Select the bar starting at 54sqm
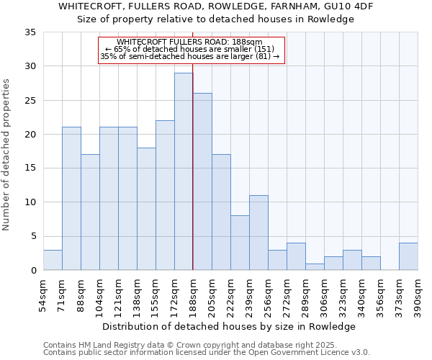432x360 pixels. tap(53, 260)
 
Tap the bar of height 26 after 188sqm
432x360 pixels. tap(202, 181)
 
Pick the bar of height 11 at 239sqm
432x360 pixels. tap(258, 233)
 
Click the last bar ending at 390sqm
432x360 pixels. tap(408, 256)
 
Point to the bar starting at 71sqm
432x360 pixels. tap(71, 199)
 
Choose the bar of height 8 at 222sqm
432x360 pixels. tap(240, 243)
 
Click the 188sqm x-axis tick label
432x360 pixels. tap(193, 295)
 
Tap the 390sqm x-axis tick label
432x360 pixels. tap(418, 295)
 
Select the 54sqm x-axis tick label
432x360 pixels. tap(43, 295)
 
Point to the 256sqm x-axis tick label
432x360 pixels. tap(268, 295)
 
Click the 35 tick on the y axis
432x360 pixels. tap(30, 32)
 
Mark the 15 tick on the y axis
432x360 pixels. tap(30, 168)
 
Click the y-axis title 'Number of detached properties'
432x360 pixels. tap(6, 155)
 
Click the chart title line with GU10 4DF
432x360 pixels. tap(216, 6)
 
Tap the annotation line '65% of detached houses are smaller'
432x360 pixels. tap(192, 49)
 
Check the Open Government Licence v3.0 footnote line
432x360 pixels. tap(207, 352)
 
